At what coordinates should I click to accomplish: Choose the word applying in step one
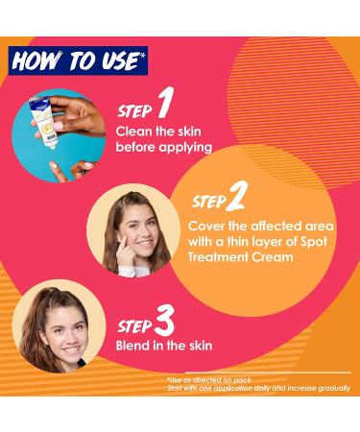coord(183,148)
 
